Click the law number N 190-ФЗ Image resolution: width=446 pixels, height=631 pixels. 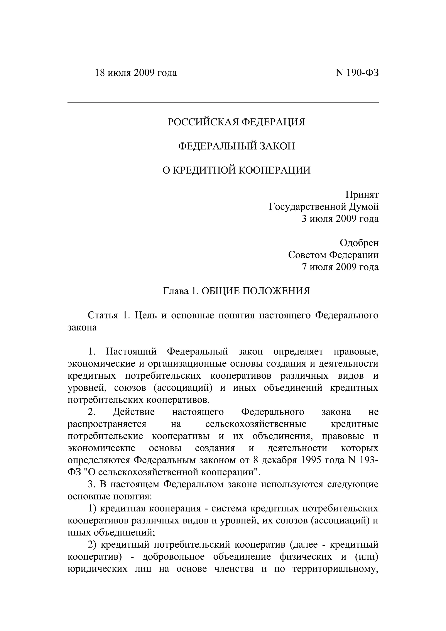357,73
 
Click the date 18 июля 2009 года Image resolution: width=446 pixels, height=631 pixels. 136,73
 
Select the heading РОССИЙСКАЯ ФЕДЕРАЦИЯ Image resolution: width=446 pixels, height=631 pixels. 236,122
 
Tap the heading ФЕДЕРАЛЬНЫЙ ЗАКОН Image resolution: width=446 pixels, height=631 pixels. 236,146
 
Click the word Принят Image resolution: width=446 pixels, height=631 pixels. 362,195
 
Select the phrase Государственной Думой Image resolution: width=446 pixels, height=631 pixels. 324,207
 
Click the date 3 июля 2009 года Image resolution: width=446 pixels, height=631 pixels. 340,219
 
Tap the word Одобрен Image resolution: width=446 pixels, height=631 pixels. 359,243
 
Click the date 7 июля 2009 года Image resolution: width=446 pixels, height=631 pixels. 340,267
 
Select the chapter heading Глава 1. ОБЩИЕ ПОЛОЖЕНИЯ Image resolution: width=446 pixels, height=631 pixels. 236,291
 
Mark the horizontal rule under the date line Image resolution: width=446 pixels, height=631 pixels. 223,102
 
